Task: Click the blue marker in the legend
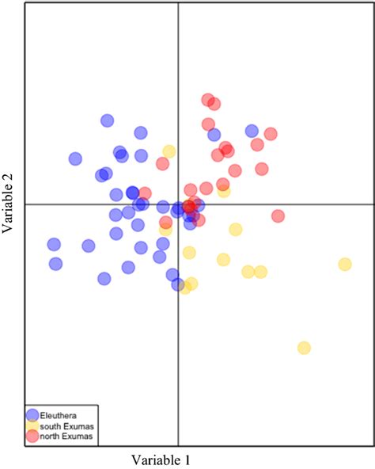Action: click(x=32, y=414)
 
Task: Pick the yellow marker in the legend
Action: click(x=32, y=425)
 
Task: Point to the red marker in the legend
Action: click(x=32, y=436)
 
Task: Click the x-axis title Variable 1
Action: click(x=161, y=459)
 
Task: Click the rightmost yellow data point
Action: click(x=345, y=265)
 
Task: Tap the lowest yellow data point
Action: click(x=304, y=348)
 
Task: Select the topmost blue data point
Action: click(x=108, y=120)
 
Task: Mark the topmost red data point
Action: click(x=208, y=100)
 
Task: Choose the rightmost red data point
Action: click(x=278, y=215)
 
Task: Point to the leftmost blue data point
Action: click(x=54, y=245)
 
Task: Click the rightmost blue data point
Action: click(x=252, y=131)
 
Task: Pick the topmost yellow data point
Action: click(x=169, y=151)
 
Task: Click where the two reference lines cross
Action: click(x=178, y=204)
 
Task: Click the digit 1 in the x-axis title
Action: click(x=186, y=459)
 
